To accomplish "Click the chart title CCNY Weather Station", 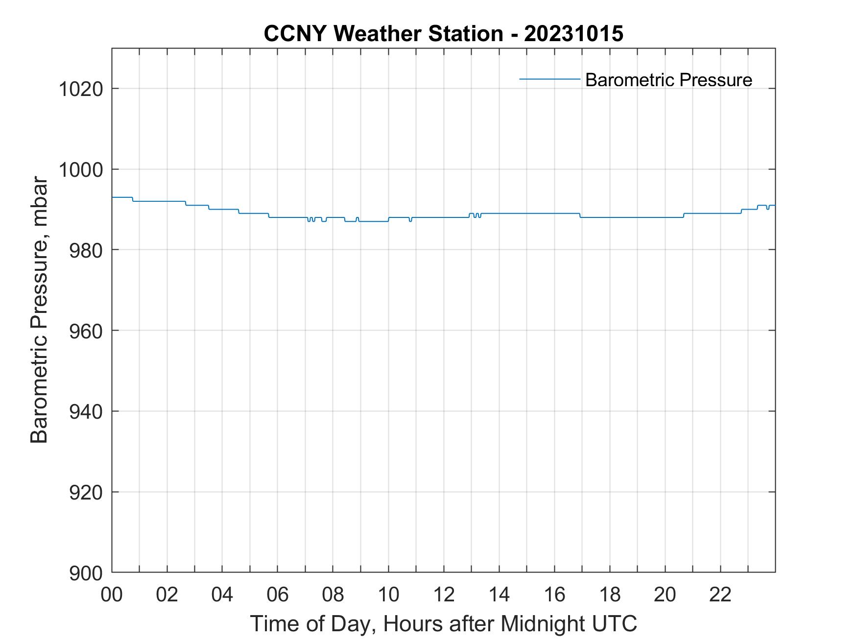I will click(383, 34).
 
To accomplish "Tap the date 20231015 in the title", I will click(573, 34).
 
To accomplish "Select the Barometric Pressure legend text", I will click(668, 80).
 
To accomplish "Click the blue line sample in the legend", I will click(549, 79).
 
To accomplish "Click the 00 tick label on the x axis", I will click(112, 595).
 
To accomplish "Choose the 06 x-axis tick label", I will click(278, 595).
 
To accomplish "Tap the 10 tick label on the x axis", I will click(388, 595).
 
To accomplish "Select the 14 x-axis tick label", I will click(499, 595).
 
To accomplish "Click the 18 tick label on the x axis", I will click(610, 595).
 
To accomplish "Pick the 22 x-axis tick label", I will click(720, 595).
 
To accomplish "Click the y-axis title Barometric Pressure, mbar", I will click(39, 310).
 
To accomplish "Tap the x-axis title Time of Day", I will click(443, 623).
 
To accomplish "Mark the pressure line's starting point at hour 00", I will click(113, 197).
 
